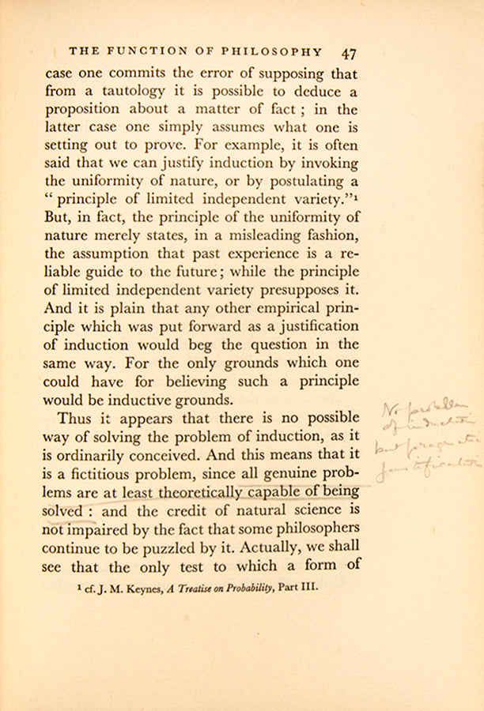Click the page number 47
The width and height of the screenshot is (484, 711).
pos(349,53)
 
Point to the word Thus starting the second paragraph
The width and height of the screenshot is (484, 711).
pos(74,418)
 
